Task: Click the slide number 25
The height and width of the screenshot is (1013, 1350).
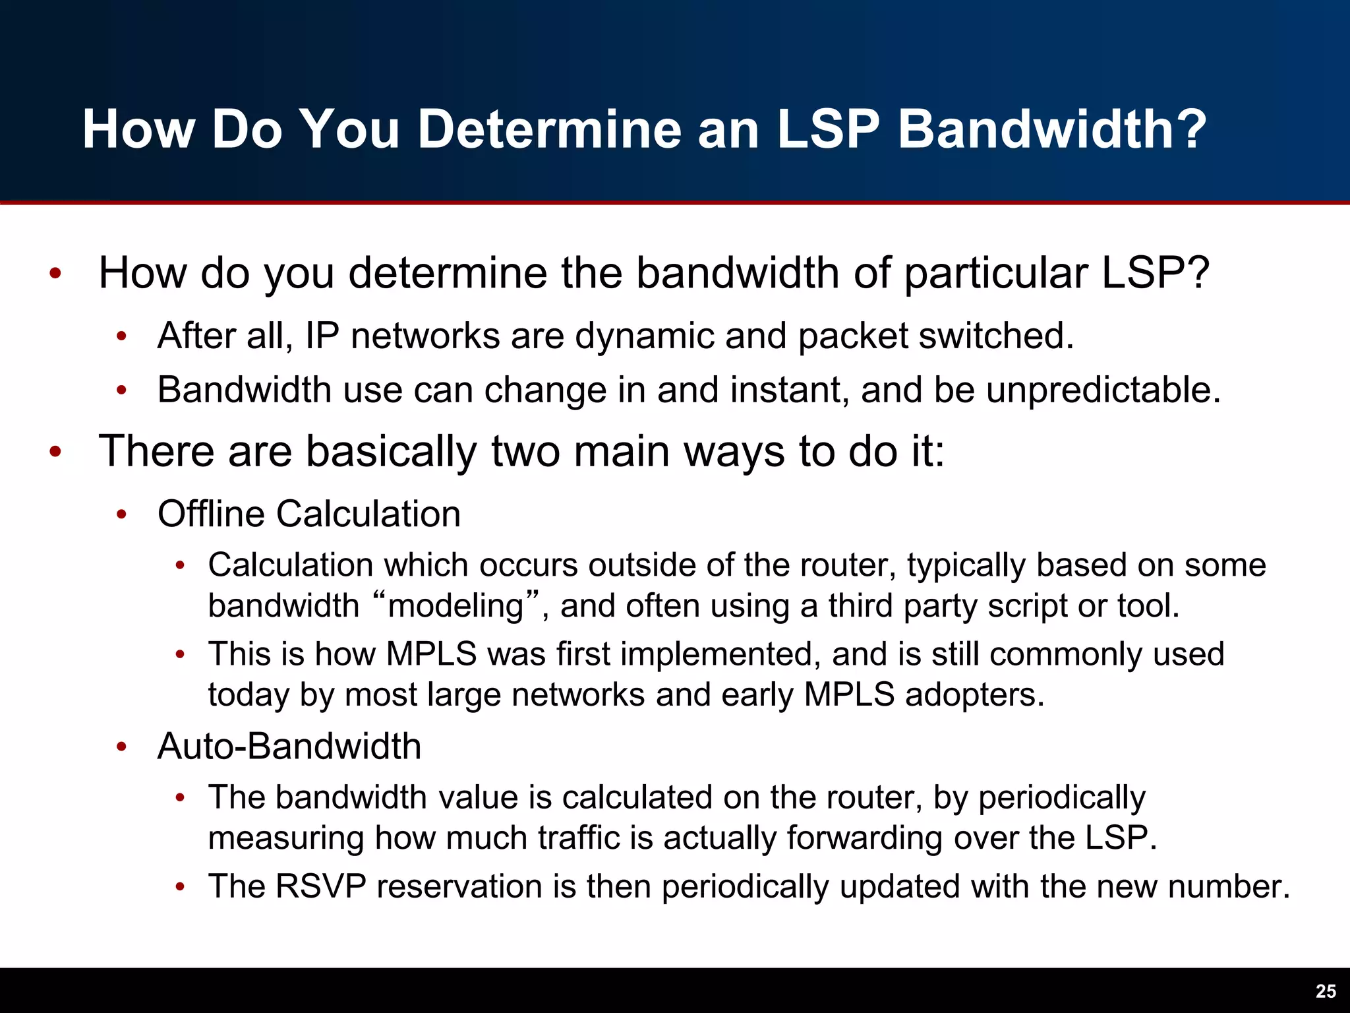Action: [1326, 991]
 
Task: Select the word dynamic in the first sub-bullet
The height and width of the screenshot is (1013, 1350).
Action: [645, 336]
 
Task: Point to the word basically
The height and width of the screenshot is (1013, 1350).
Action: [391, 452]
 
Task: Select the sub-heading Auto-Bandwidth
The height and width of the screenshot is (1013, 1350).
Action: [289, 747]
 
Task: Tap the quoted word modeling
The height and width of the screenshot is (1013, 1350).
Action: [455, 605]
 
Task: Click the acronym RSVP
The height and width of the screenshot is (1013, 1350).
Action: [320, 886]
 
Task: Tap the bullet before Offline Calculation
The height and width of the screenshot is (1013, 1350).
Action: [121, 514]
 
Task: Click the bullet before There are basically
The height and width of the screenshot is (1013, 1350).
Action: [55, 452]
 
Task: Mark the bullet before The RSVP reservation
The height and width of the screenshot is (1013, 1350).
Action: [180, 887]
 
